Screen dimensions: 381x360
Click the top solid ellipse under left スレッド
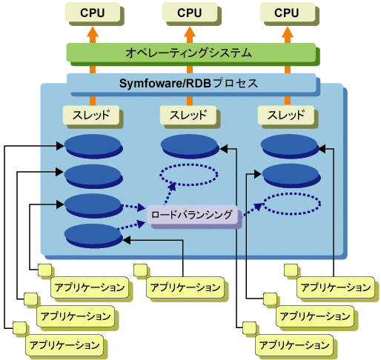click(93, 146)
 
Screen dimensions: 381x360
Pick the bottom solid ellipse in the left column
click(93, 236)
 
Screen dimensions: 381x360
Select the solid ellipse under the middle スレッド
click(190, 146)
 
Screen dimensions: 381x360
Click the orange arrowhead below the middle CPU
click(190, 32)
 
